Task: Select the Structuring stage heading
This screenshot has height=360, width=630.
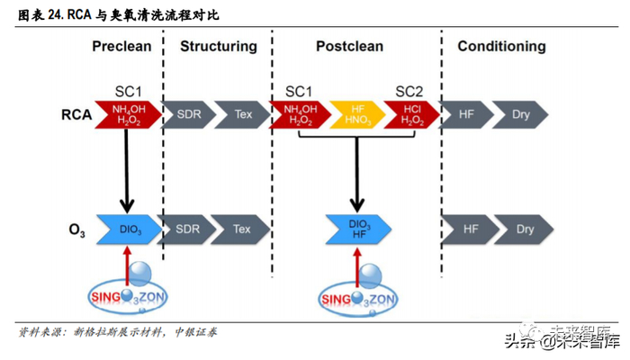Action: (219, 46)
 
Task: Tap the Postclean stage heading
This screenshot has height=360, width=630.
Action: (349, 46)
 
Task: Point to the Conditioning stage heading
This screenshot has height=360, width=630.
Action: (501, 46)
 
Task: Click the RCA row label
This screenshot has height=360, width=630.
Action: (76, 115)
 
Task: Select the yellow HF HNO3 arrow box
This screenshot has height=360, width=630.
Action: (356, 115)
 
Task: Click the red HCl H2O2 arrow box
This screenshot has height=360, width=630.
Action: (410, 115)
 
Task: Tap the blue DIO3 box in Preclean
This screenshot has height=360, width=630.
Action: (128, 229)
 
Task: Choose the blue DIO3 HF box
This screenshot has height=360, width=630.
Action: (357, 229)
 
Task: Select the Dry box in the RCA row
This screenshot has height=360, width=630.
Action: (521, 115)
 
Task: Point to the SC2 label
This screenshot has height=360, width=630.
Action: (409, 91)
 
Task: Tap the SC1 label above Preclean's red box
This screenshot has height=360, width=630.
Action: (129, 91)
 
